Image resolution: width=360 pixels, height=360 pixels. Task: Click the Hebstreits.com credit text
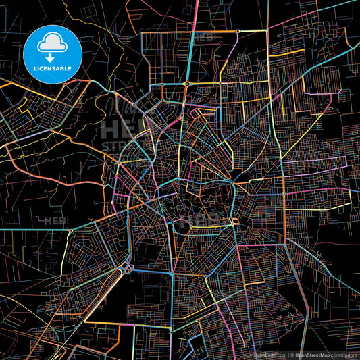tap(269, 354)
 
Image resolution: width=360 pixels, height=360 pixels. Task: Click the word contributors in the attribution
tap(343, 354)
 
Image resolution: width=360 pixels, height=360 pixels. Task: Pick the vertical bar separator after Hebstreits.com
tap(287, 354)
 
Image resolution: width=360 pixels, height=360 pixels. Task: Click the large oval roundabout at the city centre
tap(182, 228)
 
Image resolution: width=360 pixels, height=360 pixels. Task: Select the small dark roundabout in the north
tap(186, 83)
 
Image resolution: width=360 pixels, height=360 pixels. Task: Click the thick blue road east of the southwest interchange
tap(149, 273)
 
